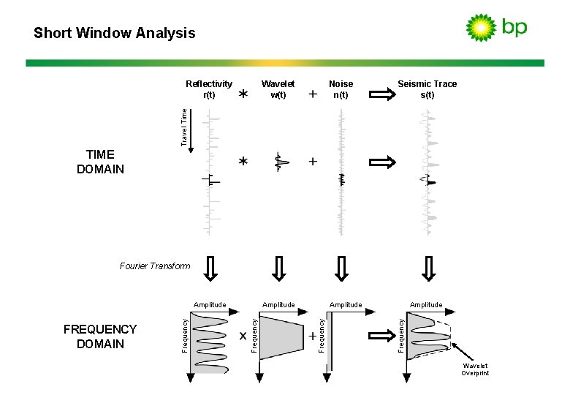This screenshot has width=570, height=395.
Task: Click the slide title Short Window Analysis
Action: pos(115,33)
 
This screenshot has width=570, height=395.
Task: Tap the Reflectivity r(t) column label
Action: pos(209,89)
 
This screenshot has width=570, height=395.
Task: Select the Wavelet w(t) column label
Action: pos(278,89)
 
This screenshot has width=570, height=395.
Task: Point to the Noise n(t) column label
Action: pos(341,89)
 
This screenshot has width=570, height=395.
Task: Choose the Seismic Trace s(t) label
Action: pos(427,89)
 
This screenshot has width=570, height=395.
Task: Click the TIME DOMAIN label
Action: pos(100,162)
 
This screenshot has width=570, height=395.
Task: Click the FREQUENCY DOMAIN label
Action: pos(100,336)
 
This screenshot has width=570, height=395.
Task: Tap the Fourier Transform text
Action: pos(154,266)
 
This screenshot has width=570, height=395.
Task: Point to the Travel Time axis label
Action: pos(184,126)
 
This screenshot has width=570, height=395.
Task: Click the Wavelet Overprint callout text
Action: pos(475,369)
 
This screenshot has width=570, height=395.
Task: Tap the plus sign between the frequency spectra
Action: pos(313,336)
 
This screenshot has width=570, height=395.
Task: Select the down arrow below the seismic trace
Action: pos(429,268)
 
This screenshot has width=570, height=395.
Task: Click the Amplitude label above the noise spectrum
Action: pos(346,304)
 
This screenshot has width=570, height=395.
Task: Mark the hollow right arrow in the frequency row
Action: pos(381,335)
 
